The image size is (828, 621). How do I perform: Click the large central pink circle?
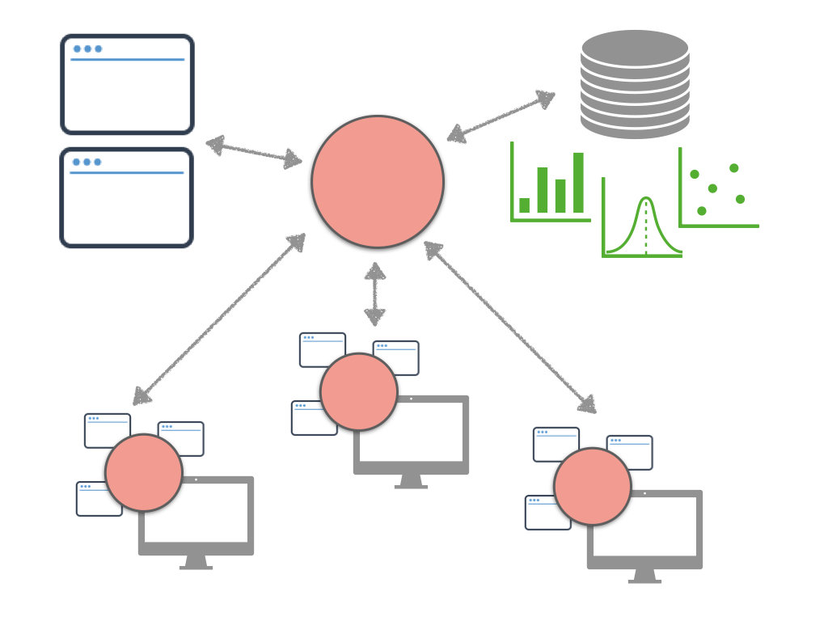pyautogui.click(x=378, y=181)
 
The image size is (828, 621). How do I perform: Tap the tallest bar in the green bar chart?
pyautogui.click(x=578, y=183)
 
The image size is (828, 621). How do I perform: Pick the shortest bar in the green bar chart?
pyautogui.click(x=525, y=205)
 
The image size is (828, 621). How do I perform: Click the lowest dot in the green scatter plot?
pyautogui.click(x=702, y=211)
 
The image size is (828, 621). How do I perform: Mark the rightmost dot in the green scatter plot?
pyautogui.click(x=740, y=199)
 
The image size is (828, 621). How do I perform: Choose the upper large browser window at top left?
pyautogui.click(x=127, y=84)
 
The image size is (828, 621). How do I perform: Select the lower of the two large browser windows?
pyautogui.click(x=127, y=197)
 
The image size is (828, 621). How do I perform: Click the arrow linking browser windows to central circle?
pyautogui.click(x=254, y=152)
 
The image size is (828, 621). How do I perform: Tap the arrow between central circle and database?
pyautogui.click(x=501, y=116)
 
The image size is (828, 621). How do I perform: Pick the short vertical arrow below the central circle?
pyautogui.click(x=374, y=294)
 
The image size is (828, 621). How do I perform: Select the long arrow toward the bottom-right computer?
pyautogui.click(x=511, y=327)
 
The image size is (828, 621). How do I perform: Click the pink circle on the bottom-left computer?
pyautogui.click(x=144, y=472)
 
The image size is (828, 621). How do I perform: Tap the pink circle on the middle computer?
pyautogui.click(x=359, y=391)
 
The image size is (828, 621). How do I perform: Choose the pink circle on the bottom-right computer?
pyautogui.click(x=593, y=486)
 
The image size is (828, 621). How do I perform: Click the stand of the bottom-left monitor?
pyautogui.click(x=196, y=562)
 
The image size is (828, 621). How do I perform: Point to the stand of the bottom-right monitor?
pyautogui.click(x=644, y=576)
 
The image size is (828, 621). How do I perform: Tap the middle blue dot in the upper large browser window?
pyautogui.click(x=87, y=49)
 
